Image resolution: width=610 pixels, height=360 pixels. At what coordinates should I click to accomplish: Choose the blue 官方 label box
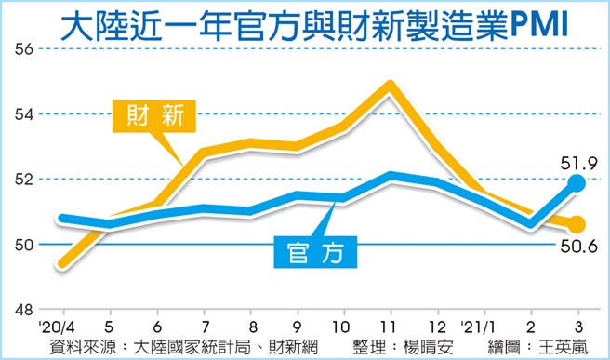(316, 250)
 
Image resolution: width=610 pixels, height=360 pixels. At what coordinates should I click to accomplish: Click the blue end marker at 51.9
(577, 183)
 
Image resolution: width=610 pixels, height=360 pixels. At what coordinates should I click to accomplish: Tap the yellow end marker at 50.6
(577, 224)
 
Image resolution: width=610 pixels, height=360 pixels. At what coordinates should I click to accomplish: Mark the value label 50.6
(576, 247)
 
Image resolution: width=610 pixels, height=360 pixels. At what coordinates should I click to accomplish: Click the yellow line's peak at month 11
(390, 87)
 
